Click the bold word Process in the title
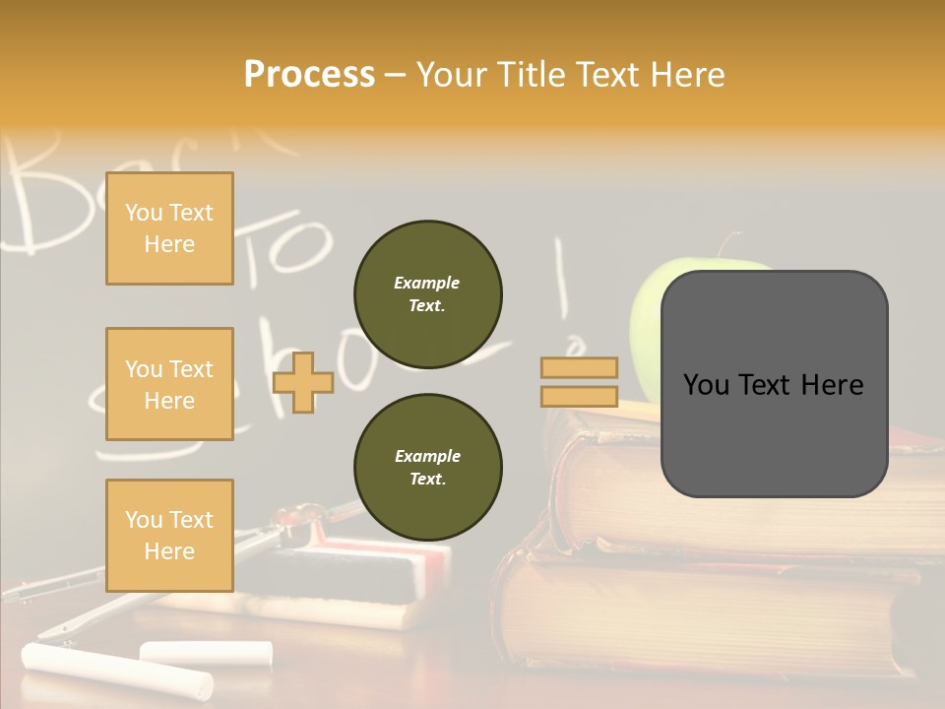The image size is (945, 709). point(309,75)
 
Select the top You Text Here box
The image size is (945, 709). point(169,228)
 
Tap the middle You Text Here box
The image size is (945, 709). point(169,384)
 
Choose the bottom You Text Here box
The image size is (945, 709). point(169,536)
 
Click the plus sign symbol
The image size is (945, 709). point(303,382)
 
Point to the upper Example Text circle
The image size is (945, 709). point(427,294)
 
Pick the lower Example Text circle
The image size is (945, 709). point(427,468)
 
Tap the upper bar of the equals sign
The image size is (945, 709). point(579,368)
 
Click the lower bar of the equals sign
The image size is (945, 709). point(579,397)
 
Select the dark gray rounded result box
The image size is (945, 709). point(774,384)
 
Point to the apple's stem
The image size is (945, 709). point(726,245)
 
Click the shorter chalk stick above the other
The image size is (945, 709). point(206,651)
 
